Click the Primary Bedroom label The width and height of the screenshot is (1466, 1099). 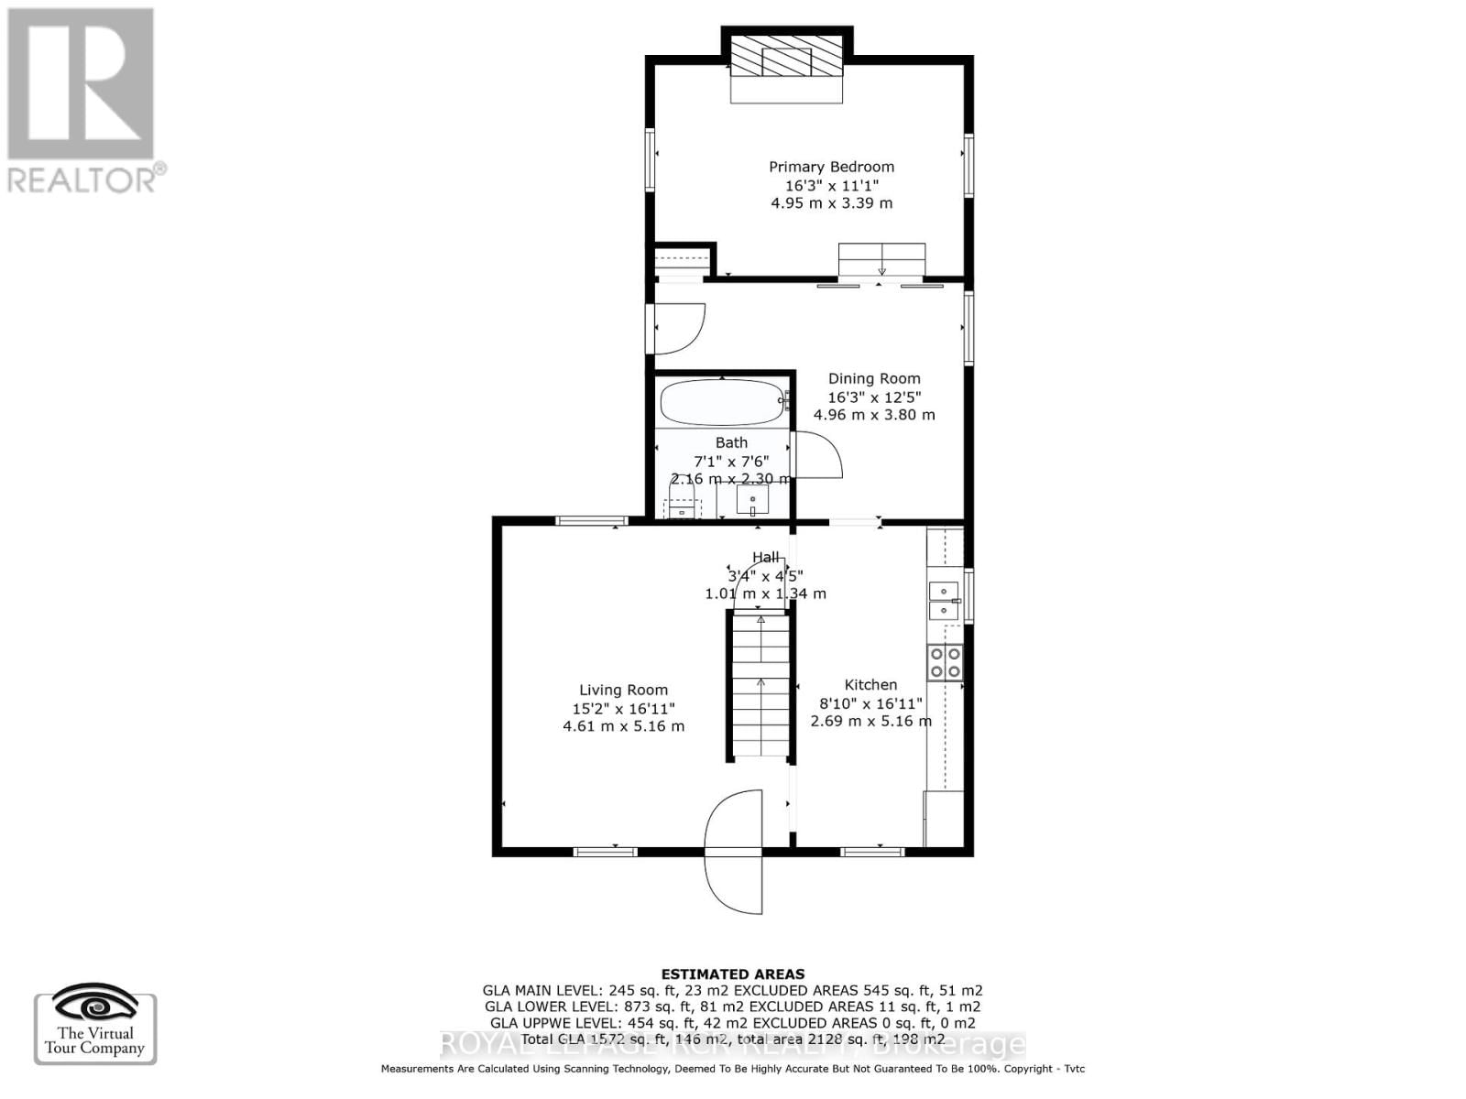pyautogui.click(x=831, y=167)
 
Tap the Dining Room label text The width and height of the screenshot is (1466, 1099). pyautogui.click(x=874, y=378)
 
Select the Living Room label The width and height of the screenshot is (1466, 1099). pyautogui.click(x=623, y=691)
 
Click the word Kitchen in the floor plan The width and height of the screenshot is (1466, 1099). pyautogui.click(x=870, y=685)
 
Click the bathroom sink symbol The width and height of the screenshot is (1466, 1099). pyautogui.click(x=752, y=500)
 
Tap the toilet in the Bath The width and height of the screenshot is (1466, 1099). pyautogui.click(x=681, y=502)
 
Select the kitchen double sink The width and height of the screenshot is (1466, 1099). pyautogui.click(x=943, y=601)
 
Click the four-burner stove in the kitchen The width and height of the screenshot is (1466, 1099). pyautogui.click(x=945, y=662)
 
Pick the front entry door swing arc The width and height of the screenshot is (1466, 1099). pyautogui.click(x=733, y=852)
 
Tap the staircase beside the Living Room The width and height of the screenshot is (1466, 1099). pyautogui.click(x=760, y=687)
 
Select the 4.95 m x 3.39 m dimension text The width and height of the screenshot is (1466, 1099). pyautogui.click(x=831, y=203)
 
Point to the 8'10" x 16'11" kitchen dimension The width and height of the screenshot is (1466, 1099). pyautogui.click(x=870, y=703)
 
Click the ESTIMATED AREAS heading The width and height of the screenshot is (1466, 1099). pyautogui.click(x=733, y=974)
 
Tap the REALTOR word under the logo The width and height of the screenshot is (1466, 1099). pyautogui.click(x=82, y=180)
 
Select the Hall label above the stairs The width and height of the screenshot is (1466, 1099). pyautogui.click(x=765, y=557)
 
